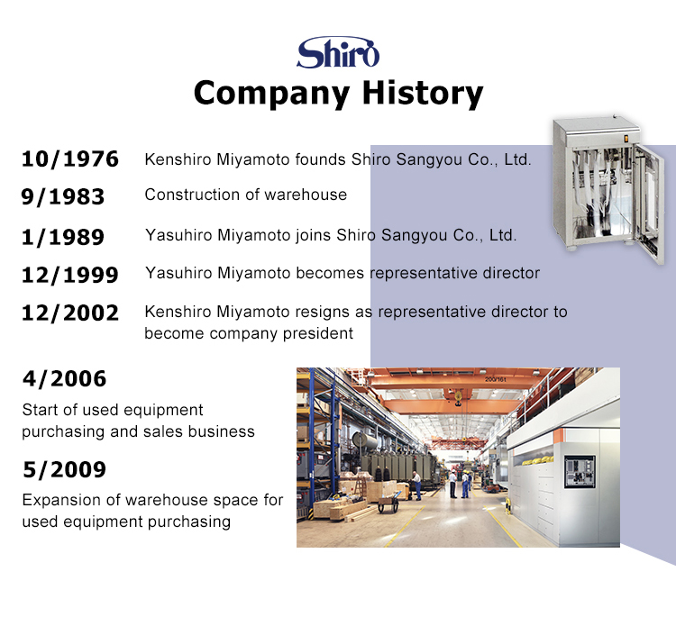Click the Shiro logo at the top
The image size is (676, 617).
pyautogui.click(x=338, y=52)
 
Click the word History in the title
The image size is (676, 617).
pyautogui.click(x=423, y=94)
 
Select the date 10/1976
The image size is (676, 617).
pyautogui.click(x=69, y=159)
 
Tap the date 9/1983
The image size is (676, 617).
pyautogui.click(x=63, y=197)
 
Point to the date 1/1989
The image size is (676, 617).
pyautogui.click(x=63, y=238)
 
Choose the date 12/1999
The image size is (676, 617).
pyautogui.click(x=69, y=276)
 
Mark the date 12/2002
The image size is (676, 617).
pyautogui.click(x=69, y=313)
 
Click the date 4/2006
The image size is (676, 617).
pyautogui.click(x=64, y=379)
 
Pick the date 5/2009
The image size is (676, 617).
pyautogui.click(x=64, y=469)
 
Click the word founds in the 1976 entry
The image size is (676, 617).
pyautogui.click(x=320, y=159)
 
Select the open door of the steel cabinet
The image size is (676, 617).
pyautogui.click(x=650, y=204)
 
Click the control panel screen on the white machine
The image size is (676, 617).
pyautogui.click(x=580, y=471)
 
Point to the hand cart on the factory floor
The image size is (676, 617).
pyautogui.click(x=388, y=503)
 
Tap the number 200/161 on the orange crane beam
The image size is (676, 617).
pyautogui.click(x=496, y=379)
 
